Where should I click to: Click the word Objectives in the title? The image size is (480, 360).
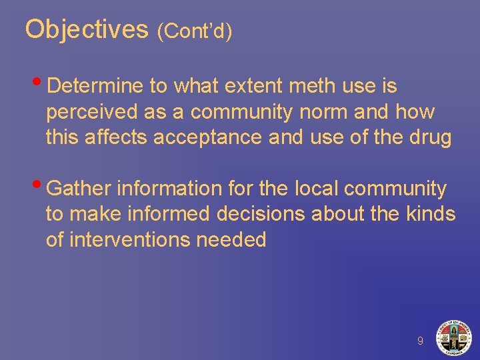(x=86, y=29)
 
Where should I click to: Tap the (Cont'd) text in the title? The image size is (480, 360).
(x=195, y=31)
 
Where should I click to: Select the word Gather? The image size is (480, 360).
(x=80, y=189)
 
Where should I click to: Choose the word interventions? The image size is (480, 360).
(x=133, y=240)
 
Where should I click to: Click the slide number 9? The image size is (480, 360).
(x=420, y=341)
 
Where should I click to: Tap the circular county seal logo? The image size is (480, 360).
(x=453, y=337)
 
